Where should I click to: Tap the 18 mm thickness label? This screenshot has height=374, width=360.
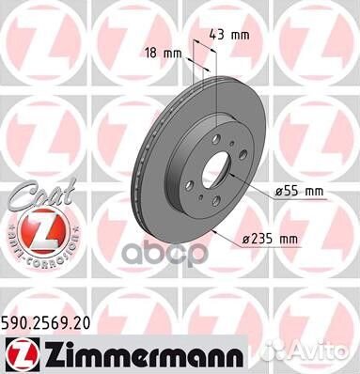pos(163,55)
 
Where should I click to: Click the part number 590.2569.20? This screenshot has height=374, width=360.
pos(57,322)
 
